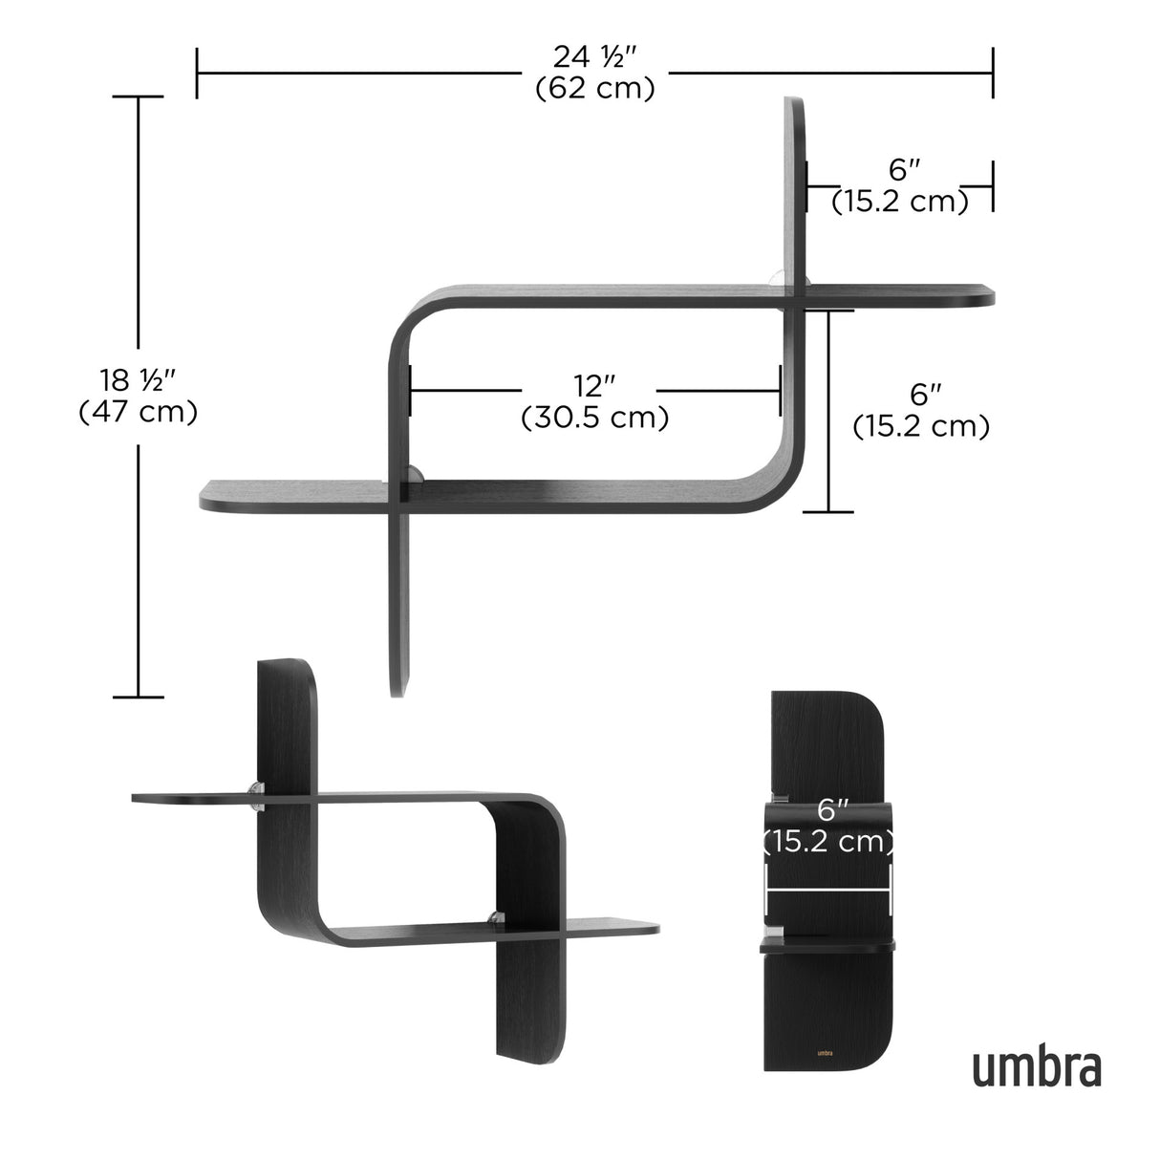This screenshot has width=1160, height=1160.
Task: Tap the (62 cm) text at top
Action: [x=594, y=89]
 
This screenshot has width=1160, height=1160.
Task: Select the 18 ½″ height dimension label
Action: [x=138, y=380]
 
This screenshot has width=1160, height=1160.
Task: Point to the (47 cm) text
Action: [x=138, y=412]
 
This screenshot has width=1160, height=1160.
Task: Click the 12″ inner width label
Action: [x=593, y=387]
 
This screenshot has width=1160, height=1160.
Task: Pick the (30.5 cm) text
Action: [x=594, y=419]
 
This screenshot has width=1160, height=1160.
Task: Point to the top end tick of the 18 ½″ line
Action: [x=138, y=97]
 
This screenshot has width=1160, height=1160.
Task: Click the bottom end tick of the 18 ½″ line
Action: [x=138, y=697]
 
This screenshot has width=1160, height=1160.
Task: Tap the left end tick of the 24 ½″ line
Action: [x=197, y=73]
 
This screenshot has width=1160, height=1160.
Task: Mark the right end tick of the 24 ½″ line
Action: [x=993, y=73]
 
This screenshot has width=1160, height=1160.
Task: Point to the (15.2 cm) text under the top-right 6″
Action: [x=899, y=202]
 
